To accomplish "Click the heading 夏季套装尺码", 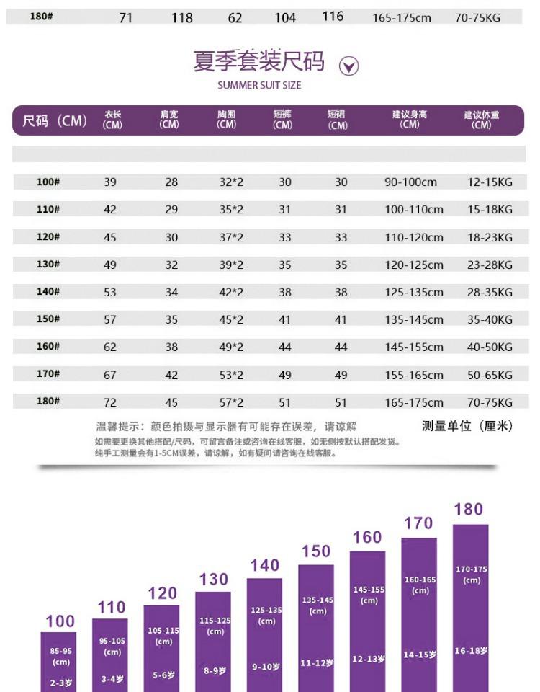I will coord(259,62).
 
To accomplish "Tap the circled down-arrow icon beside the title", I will coord(348,66).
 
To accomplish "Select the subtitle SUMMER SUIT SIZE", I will coord(259,86).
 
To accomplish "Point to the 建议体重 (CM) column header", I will coord(482,119).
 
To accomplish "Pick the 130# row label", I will coord(48,265).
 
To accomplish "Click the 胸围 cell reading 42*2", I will coord(231,292).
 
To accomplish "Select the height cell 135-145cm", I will coord(414,319).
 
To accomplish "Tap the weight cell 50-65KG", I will coord(490,375).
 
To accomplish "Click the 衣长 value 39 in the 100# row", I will coord(109,182).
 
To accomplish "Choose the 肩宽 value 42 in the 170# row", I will coord(171,375).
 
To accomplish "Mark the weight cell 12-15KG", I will coord(490,182).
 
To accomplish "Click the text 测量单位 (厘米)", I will coord(467,426).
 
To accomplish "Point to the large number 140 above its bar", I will coord(264,566).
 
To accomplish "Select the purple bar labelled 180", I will coord(471,605).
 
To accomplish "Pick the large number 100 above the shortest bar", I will coord(60,621).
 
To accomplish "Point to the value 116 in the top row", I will coord(333,17).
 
